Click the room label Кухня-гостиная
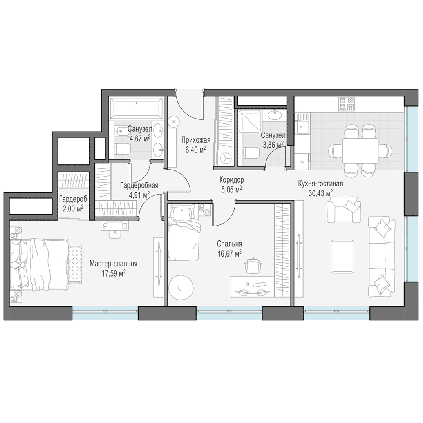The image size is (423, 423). pyautogui.click(x=320, y=184)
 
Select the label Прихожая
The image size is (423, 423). pyautogui.click(x=195, y=140)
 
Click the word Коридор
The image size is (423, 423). pyautogui.click(x=231, y=180)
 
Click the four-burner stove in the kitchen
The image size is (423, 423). pyautogui.click(x=346, y=104)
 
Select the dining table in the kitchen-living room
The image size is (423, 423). pyautogui.click(x=360, y=151)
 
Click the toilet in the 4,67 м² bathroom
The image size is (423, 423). pyautogui.click(x=122, y=149)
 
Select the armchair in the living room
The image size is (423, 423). pyautogui.click(x=343, y=210)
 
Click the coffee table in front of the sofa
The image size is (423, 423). pyautogui.click(x=343, y=257)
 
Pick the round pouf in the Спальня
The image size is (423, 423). pyautogui.click(x=181, y=287)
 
